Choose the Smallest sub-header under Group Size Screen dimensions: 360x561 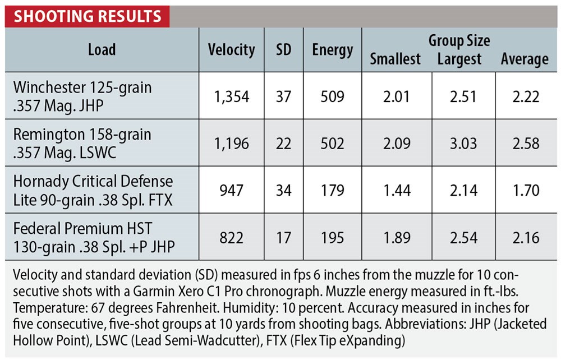click(x=396, y=59)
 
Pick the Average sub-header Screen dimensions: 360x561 click(x=525, y=59)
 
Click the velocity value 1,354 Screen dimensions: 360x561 click(x=231, y=96)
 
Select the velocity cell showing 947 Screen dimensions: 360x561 click(x=231, y=191)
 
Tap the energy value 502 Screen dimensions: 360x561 click(x=333, y=144)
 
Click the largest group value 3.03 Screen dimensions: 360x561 click(x=463, y=144)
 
